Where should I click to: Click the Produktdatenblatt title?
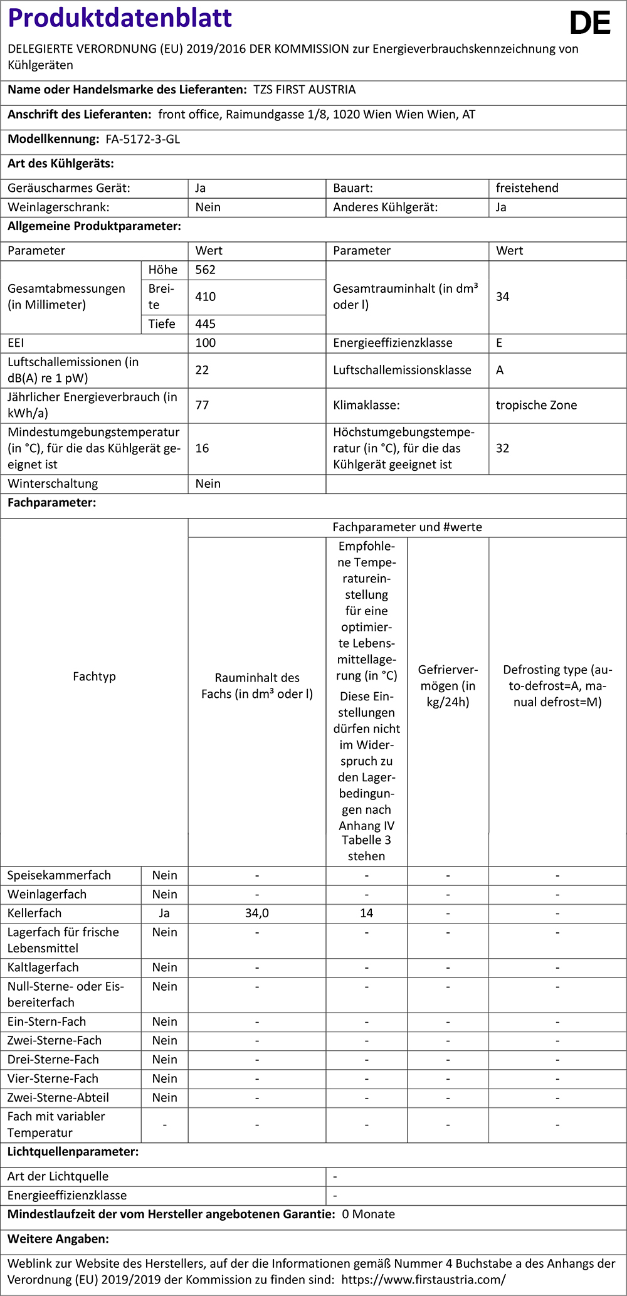tap(120, 18)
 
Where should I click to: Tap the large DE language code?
tap(589, 24)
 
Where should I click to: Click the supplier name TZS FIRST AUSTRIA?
tap(304, 90)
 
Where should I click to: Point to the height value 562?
tap(205, 270)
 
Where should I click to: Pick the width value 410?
tap(205, 297)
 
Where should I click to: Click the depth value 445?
tap(205, 324)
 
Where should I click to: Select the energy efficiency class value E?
tap(499, 343)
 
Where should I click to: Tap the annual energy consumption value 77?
tap(202, 405)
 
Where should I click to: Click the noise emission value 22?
tap(202, 370)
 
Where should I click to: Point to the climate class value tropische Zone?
tap(536, 405)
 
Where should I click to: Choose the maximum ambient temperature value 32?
tap(502, 448)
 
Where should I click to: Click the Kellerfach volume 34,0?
tap(257, 914)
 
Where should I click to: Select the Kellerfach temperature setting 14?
tap(366, 914)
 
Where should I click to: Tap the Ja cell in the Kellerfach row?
tap(164, 914)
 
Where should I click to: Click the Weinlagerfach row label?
tap(47, 895)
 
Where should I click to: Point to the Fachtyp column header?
tap(94, 677)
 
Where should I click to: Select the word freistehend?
tap(527, 188)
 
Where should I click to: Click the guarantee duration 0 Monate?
tap(368, 1214)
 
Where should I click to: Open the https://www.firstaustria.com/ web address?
tap(423, 1280)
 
